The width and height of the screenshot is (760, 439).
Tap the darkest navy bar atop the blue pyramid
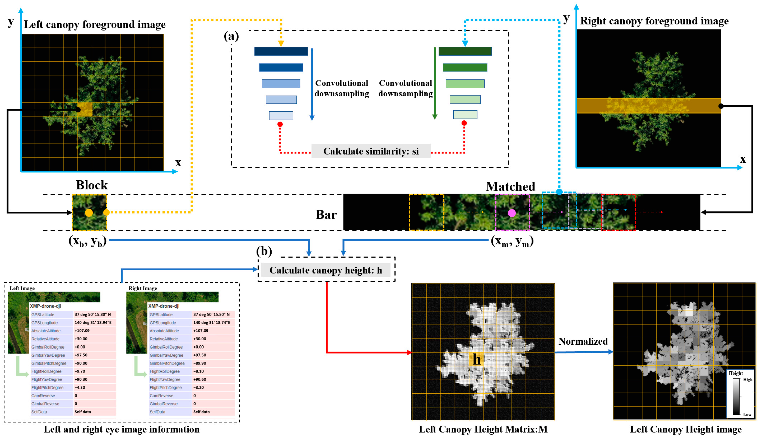click(281, 51)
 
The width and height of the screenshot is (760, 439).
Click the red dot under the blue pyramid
click(280, 124)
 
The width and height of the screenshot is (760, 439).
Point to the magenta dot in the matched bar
click(512, 213)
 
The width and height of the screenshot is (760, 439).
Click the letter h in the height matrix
click(477, 359)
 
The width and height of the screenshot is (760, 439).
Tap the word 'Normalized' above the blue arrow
click(583, 341)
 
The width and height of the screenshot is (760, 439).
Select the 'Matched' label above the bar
click(510, 186)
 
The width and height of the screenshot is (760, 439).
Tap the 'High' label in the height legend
click(747, 380)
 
